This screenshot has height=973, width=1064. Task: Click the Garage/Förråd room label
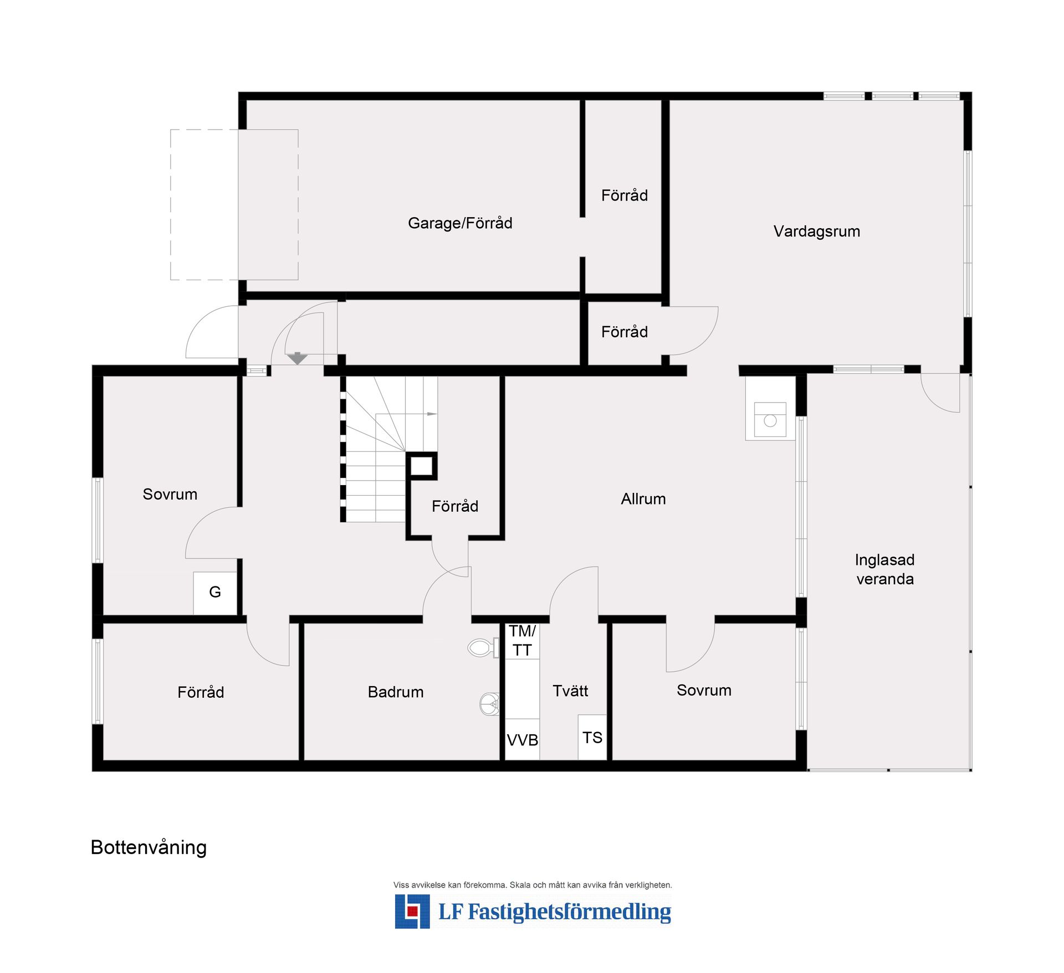click(460, 223)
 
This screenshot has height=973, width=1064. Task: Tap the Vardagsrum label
click(816, 231)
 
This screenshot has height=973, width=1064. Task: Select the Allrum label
click(643, 499)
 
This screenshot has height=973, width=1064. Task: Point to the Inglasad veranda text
click(884, 569)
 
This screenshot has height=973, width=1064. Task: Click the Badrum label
click(396, 692)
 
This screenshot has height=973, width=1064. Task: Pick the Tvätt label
click(570, 691)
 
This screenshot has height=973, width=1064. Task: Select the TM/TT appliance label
click(522, 640)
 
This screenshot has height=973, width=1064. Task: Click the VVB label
click(522, 740)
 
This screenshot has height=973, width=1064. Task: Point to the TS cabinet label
click(592, 738)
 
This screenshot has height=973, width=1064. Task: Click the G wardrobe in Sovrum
click(215, 592)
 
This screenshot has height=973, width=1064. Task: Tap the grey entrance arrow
click(298, 358)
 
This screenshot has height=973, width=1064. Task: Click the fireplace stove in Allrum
click(770, 419)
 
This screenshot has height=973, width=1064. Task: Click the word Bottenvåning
click(149, 848)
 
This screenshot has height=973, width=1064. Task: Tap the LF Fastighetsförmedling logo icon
click(412, 912)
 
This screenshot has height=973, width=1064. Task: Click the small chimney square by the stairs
click(421, 466)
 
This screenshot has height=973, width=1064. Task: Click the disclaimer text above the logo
click(532, 885)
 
